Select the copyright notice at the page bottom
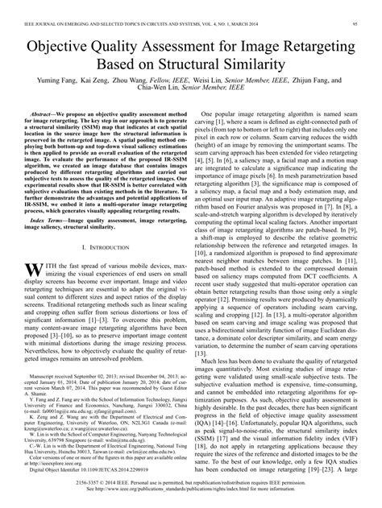pyautogui.click(x=190, y=494)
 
